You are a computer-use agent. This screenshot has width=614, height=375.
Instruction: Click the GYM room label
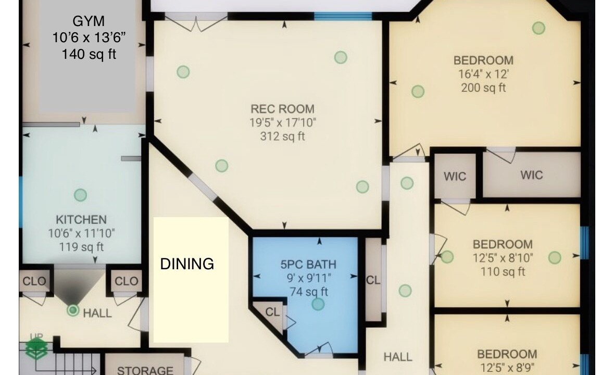coord(89,20)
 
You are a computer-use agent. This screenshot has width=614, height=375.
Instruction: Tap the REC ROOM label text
coord(282,109)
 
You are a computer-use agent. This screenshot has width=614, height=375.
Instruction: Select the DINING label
coord(187,264)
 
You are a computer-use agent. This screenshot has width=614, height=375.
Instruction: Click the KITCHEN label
coord(81,220)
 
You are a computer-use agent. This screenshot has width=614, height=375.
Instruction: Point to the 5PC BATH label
coord(308,265)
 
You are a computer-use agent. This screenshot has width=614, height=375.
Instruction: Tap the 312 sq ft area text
coord(282,136)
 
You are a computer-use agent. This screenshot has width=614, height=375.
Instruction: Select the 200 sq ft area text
coord(484,87)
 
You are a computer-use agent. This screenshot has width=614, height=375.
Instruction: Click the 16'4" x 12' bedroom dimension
coord(484,74)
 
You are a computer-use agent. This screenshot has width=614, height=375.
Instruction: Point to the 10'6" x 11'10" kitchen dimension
coord(81,233)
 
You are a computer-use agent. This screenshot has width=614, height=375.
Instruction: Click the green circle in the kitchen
coord(80,195)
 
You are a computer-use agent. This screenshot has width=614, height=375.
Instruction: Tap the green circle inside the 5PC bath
coord(318,304)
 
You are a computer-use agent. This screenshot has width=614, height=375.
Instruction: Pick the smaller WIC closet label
coord(455,176)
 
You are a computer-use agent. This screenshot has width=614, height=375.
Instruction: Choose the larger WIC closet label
coord(532,174)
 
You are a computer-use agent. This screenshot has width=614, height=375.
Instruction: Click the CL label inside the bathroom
coord(272,312)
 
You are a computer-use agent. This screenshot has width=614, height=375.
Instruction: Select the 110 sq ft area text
coord(503,272)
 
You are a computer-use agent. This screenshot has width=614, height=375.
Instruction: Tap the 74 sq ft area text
coord(309,292)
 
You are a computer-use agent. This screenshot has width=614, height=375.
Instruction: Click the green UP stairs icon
coord(36,347)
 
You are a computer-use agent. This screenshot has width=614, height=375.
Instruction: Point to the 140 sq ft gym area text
coord(89,54)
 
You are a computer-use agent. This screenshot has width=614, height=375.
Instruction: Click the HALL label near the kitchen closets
coord(97,313)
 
